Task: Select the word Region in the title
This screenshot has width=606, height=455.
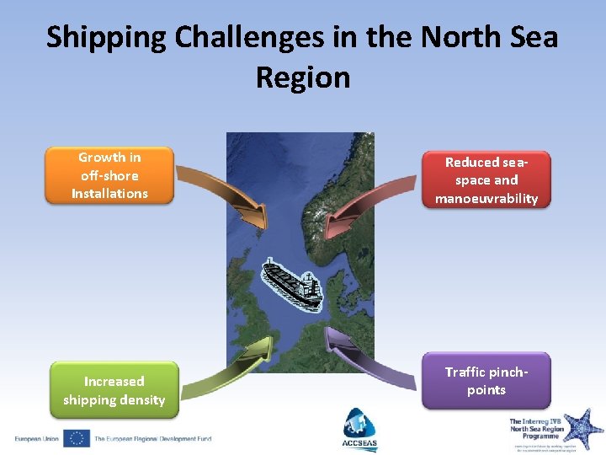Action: pyautogui.click(x=303, y=78)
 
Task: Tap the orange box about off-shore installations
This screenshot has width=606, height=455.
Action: pyautogui.click(x=109, y=175)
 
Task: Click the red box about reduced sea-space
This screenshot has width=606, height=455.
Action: pyautogui.click(x=486, y=180)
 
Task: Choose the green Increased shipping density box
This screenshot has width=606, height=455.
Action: pyautogui.click(x=114, y=390)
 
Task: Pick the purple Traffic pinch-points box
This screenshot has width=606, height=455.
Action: pyautogui.click(x=486, y=381)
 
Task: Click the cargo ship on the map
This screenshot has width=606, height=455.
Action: pyautogui.click(x=291, y=282)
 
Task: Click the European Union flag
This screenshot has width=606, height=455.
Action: pyautogui.click(x=77, y=438)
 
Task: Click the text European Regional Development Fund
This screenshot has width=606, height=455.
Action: pyautogui.click(x=152, y=438)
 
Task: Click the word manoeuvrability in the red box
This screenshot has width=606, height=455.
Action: pyautogui.click(x=486, y=199)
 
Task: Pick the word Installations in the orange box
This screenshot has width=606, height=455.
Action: pyautogui.click(x=109, y=194)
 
